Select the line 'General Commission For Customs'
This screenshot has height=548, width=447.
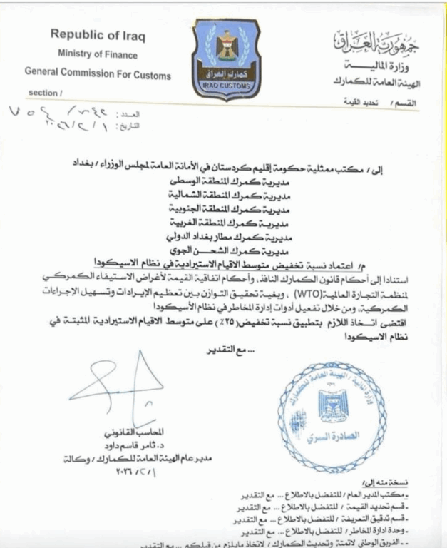tap(98, 74)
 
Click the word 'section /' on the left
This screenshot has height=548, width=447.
tap(46, 93)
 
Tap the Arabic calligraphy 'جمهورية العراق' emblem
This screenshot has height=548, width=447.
tap(378, 43)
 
